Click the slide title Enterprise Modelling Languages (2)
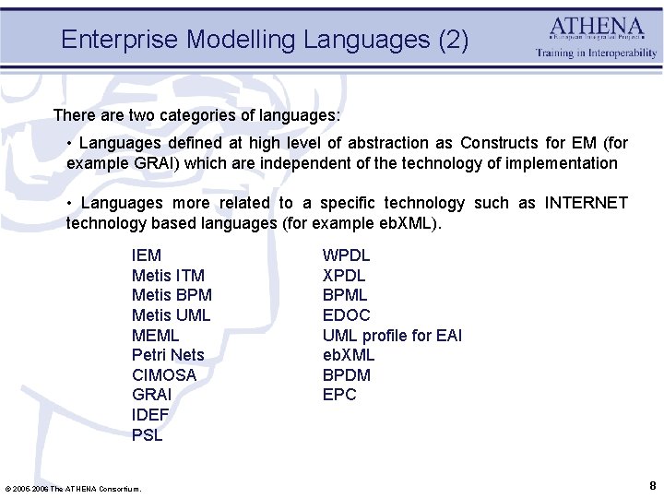coord(265,40)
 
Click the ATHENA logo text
coord(597,27)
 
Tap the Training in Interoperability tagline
coord(597,53)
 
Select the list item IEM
coord(147,255)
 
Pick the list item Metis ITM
coord(168,276)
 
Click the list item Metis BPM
coord(172,295)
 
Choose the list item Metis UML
coord(171,315)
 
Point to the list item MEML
coord(156,335)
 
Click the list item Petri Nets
coord(168,355)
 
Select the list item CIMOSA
coord(164,375)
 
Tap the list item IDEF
coord(150,415)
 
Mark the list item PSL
coord(148,435)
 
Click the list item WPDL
coord(346,255)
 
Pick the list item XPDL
coord(344,276)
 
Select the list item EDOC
coord(346,315)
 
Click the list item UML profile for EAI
coord(392,336)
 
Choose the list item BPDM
coord(347,375)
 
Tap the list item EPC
coord(339,395)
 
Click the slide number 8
coord(652,485)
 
